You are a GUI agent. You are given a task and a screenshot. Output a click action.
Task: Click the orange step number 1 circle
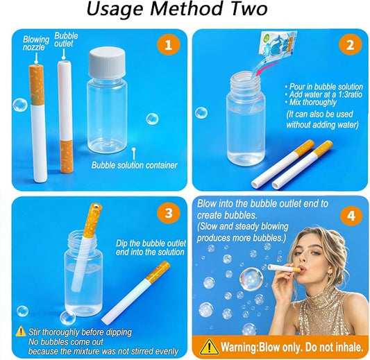coord(169,44)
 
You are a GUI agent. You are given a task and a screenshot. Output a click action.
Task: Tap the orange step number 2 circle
coord(350,44)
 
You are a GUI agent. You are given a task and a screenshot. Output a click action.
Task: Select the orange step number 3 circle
coord(169,213)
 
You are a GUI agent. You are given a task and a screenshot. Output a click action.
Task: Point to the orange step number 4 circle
coord(351,216)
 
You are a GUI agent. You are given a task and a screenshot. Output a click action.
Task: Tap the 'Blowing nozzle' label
coord(36,43)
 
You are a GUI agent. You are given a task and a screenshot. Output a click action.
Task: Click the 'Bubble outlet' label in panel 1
coord(66,40)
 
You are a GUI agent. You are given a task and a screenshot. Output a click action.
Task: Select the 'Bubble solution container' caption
coord(134,165)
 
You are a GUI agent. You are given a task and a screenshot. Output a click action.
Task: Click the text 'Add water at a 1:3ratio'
coord(323,94)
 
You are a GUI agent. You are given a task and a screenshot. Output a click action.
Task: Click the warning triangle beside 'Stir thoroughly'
coord(21,331)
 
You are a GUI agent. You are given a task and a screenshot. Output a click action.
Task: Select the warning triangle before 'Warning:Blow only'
coord(209,347)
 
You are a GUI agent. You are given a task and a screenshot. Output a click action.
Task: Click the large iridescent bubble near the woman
coord(251,279)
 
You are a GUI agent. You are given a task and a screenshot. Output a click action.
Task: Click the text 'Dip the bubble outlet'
coord(151,243)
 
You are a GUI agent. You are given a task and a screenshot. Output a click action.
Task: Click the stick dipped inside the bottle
coord(87,246)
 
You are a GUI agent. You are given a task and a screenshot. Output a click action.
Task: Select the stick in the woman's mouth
coord(284,268)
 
